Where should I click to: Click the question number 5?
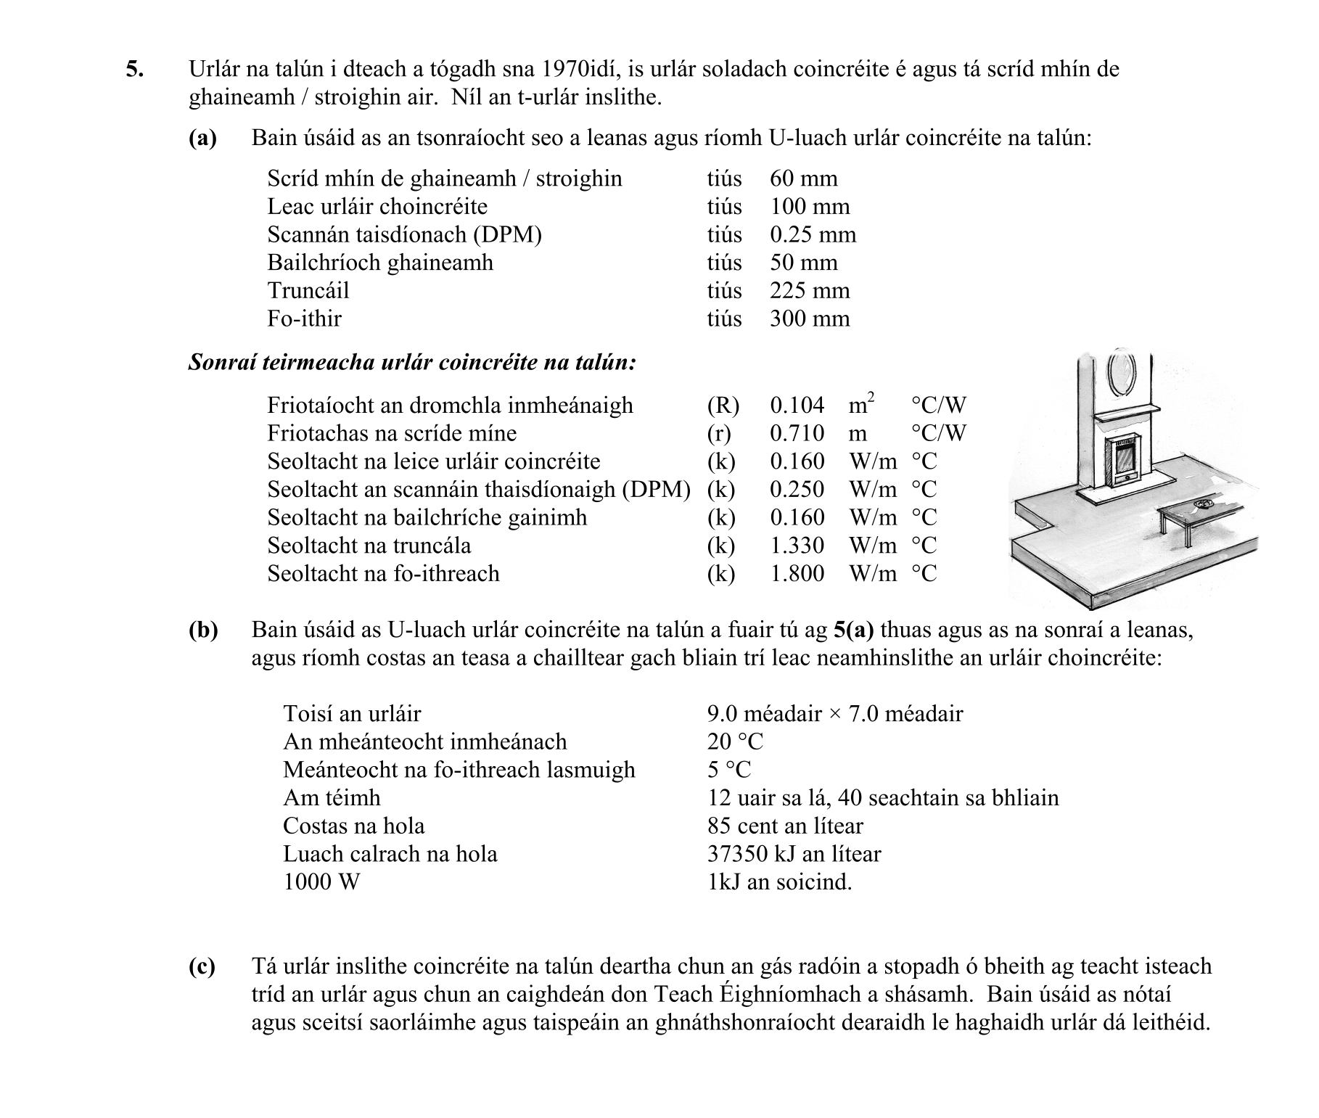point(134,70)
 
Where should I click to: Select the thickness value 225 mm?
point(809,291)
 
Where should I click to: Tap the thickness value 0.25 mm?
point(813,235)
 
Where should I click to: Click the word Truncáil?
point(308,291)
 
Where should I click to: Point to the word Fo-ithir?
point(304,318)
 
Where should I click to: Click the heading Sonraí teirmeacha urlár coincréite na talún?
point(411,362)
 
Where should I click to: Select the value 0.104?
point(797,405)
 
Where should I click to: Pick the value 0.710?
point(797,433)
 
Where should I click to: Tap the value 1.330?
point(797,546)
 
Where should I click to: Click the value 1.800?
point(797,574)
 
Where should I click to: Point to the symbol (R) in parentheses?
point(723,405)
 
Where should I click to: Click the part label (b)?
point(203,630)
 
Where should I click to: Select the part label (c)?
point(202,967)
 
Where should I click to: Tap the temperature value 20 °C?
point(735,742)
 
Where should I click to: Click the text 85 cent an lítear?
point(785,826)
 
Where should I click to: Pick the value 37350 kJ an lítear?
point(794,855)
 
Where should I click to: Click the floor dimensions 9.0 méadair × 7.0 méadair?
point(834,714)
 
